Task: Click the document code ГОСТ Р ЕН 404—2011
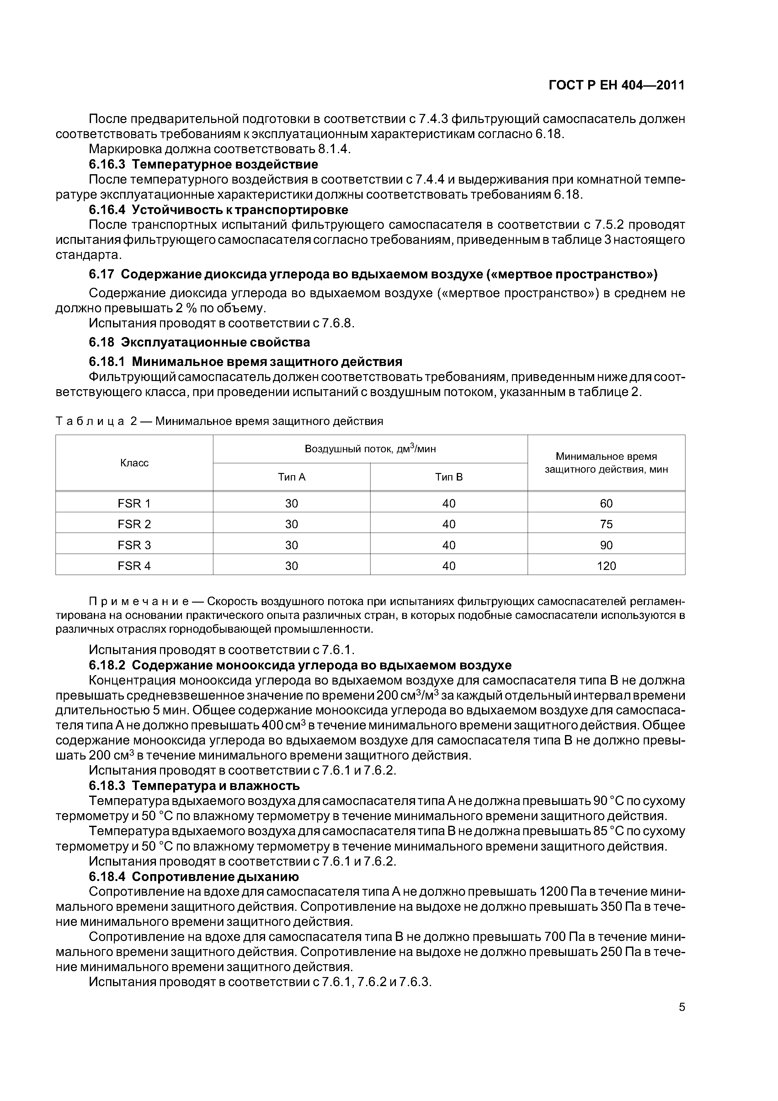pyautogui.click(x=616, y=85)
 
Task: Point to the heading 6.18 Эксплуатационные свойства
pyautogui.click(x=200, y=342)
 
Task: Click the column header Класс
pyautogui.click(x=134, y=463)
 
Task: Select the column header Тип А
pyautogui.click(x=291, y=477)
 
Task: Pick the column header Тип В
pyautogui.click(x=449, y=477)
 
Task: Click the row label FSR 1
pyautogui.click(x=134, y=503)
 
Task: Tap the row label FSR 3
pyautogui.click(x=134, y=545)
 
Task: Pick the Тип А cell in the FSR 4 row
pyautogui.click(x=291, y=566)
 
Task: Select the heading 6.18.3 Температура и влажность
pyautogui.click(x=194, y=786)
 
